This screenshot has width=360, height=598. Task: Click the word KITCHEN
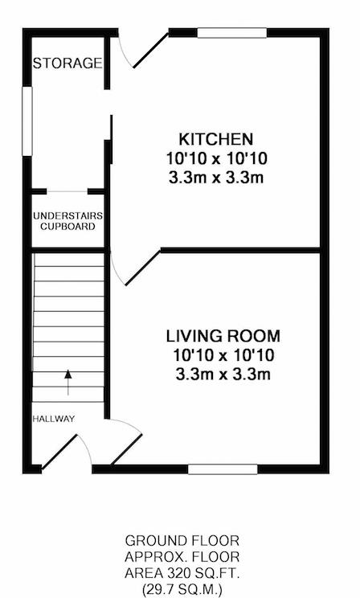216,139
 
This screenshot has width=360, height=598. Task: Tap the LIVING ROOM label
223,336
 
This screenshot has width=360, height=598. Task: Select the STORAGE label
67,63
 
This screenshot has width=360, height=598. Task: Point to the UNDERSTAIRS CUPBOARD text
67,221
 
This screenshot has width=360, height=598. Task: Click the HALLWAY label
53,419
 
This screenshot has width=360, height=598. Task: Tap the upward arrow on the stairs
67,382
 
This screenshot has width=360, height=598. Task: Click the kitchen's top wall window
232,33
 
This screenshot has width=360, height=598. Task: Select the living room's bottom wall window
223,469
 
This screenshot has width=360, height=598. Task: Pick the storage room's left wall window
27,121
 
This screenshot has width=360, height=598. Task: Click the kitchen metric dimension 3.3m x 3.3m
216,178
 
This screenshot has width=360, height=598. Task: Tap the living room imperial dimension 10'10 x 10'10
223,355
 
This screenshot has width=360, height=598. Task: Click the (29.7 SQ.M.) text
182,590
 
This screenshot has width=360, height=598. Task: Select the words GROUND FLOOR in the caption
182,540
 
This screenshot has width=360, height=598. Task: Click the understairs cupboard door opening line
67,191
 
